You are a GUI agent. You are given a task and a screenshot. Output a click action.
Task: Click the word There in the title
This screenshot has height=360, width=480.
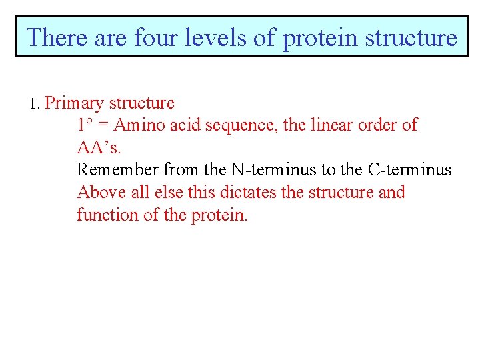pos(56,37)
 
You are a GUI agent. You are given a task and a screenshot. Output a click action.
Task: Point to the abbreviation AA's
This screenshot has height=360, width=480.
pos(99,147)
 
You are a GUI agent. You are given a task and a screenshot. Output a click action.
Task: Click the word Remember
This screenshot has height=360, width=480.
pos(117,170)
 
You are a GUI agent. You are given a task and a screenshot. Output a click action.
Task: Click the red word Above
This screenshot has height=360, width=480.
pos(97,193)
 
